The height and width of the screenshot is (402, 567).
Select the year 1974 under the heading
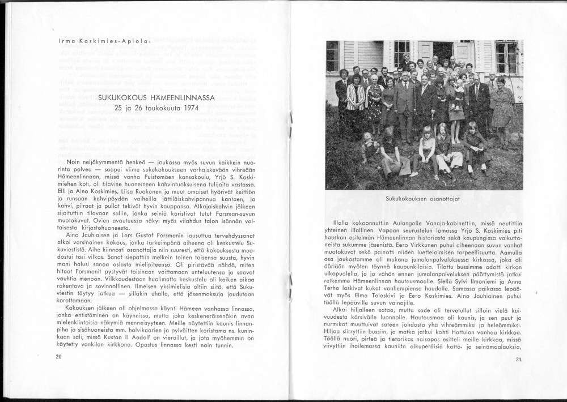pyautogui.click(x=188, y=107)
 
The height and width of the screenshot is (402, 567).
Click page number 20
pyautogui.click(x=58, y=357)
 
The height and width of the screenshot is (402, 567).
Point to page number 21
pyautogui.click(x=518, y=360)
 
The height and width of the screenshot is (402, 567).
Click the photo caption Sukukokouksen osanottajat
pyautogui.click(x=422, y=199)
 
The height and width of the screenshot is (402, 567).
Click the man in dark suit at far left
pyautogui.click(x=341, y=96)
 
